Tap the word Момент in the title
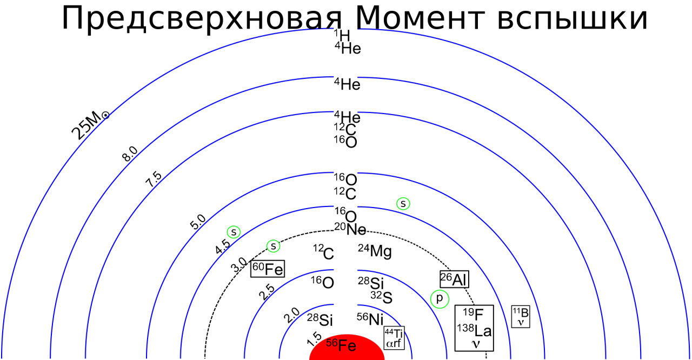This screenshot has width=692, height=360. point(420,18)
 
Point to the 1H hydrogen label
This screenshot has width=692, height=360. point(342,35)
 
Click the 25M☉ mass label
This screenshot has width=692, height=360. point(90,125)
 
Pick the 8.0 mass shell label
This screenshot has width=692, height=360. point(130,154)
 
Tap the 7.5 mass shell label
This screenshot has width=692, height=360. point(154,179)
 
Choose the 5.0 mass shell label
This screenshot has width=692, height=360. point(198,222)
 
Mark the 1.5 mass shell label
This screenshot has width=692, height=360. point(314,338)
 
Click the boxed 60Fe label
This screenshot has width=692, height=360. point(268,269)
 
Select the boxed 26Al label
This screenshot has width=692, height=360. point(454,279)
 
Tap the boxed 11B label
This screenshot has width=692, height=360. point(521,316)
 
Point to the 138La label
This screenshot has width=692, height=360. point(474,331)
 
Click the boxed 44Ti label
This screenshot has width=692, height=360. point(394,338)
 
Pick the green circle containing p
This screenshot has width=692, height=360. point(440,299)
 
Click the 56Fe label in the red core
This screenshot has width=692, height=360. point(341,345)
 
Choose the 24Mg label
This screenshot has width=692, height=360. point(375,251)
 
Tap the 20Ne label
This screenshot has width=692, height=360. point(350,229)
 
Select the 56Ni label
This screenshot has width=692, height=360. point(370,319)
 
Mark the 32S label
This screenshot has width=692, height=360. point(381,297)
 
